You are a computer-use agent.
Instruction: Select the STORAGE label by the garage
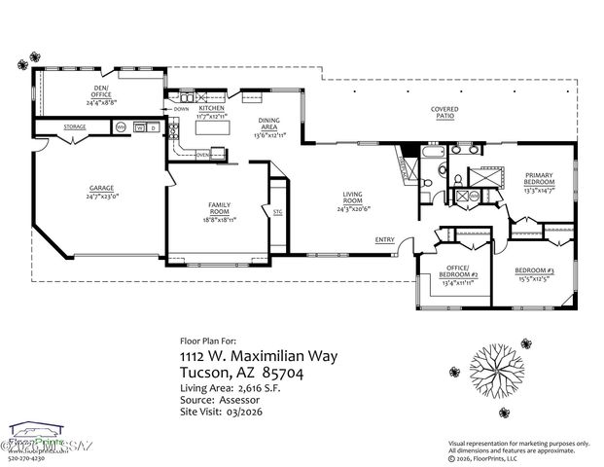pos(75,127)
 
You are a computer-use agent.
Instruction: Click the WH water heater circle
pos(121,127)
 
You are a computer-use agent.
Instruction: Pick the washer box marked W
pos(139,127)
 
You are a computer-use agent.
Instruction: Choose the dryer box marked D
pos(153,127)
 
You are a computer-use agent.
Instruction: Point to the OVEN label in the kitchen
pos(202,154)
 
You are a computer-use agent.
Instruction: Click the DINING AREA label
pos(268,124)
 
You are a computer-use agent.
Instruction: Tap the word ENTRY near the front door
pos(384,240)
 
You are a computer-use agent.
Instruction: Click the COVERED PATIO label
pos(444,113)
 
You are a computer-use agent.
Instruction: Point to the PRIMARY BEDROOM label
pos(539,179)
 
